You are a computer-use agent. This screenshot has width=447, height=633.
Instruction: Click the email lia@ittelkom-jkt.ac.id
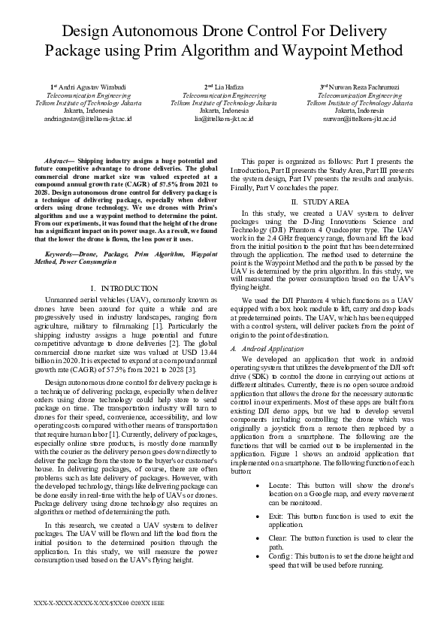(x=224, y=119)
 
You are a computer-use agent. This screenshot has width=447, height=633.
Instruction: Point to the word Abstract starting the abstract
(x=59, y=161)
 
